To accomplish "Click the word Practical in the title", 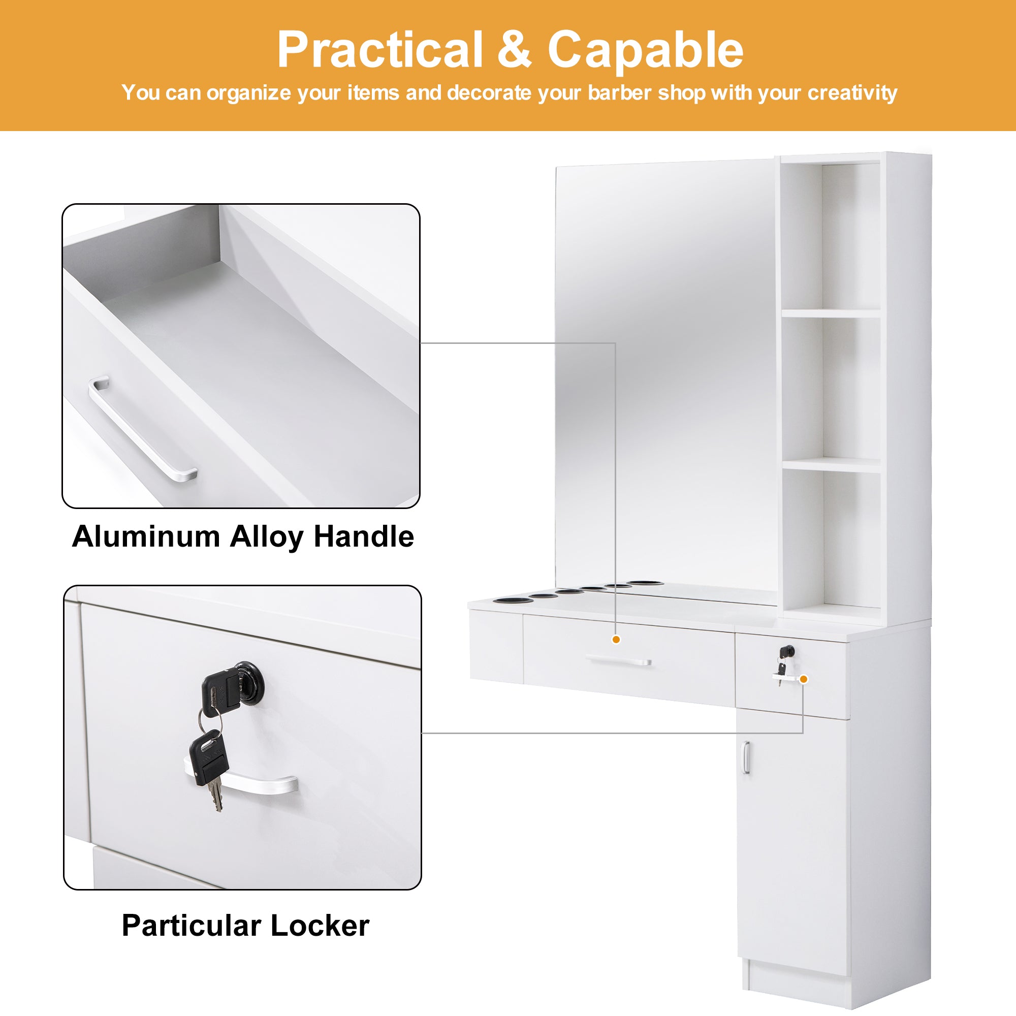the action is [x=379, y=50].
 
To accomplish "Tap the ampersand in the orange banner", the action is [x=514, y=48].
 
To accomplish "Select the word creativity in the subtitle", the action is [x=852, y=93].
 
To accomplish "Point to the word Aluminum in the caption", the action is [x=146, y=537].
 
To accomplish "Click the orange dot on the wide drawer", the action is [x=616, y=640].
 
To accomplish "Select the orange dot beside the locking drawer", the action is [x=804, y=679].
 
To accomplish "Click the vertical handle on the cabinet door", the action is [x=746, y=757].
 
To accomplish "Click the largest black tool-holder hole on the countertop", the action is [x=510, y=600].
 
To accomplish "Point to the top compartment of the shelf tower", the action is [x=831, y=237].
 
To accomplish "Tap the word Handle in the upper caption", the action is [x=364, y=537].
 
